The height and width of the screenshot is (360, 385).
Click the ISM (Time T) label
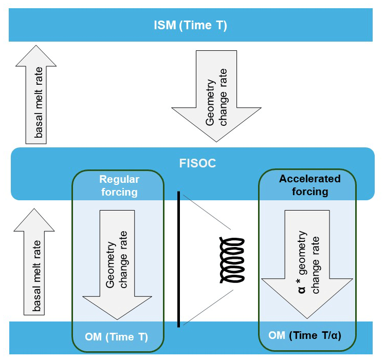(190, 25)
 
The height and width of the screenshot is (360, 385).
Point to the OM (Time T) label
(117, 337)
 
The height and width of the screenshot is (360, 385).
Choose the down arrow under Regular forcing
(118, 264)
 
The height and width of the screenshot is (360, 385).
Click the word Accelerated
(309, 179)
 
